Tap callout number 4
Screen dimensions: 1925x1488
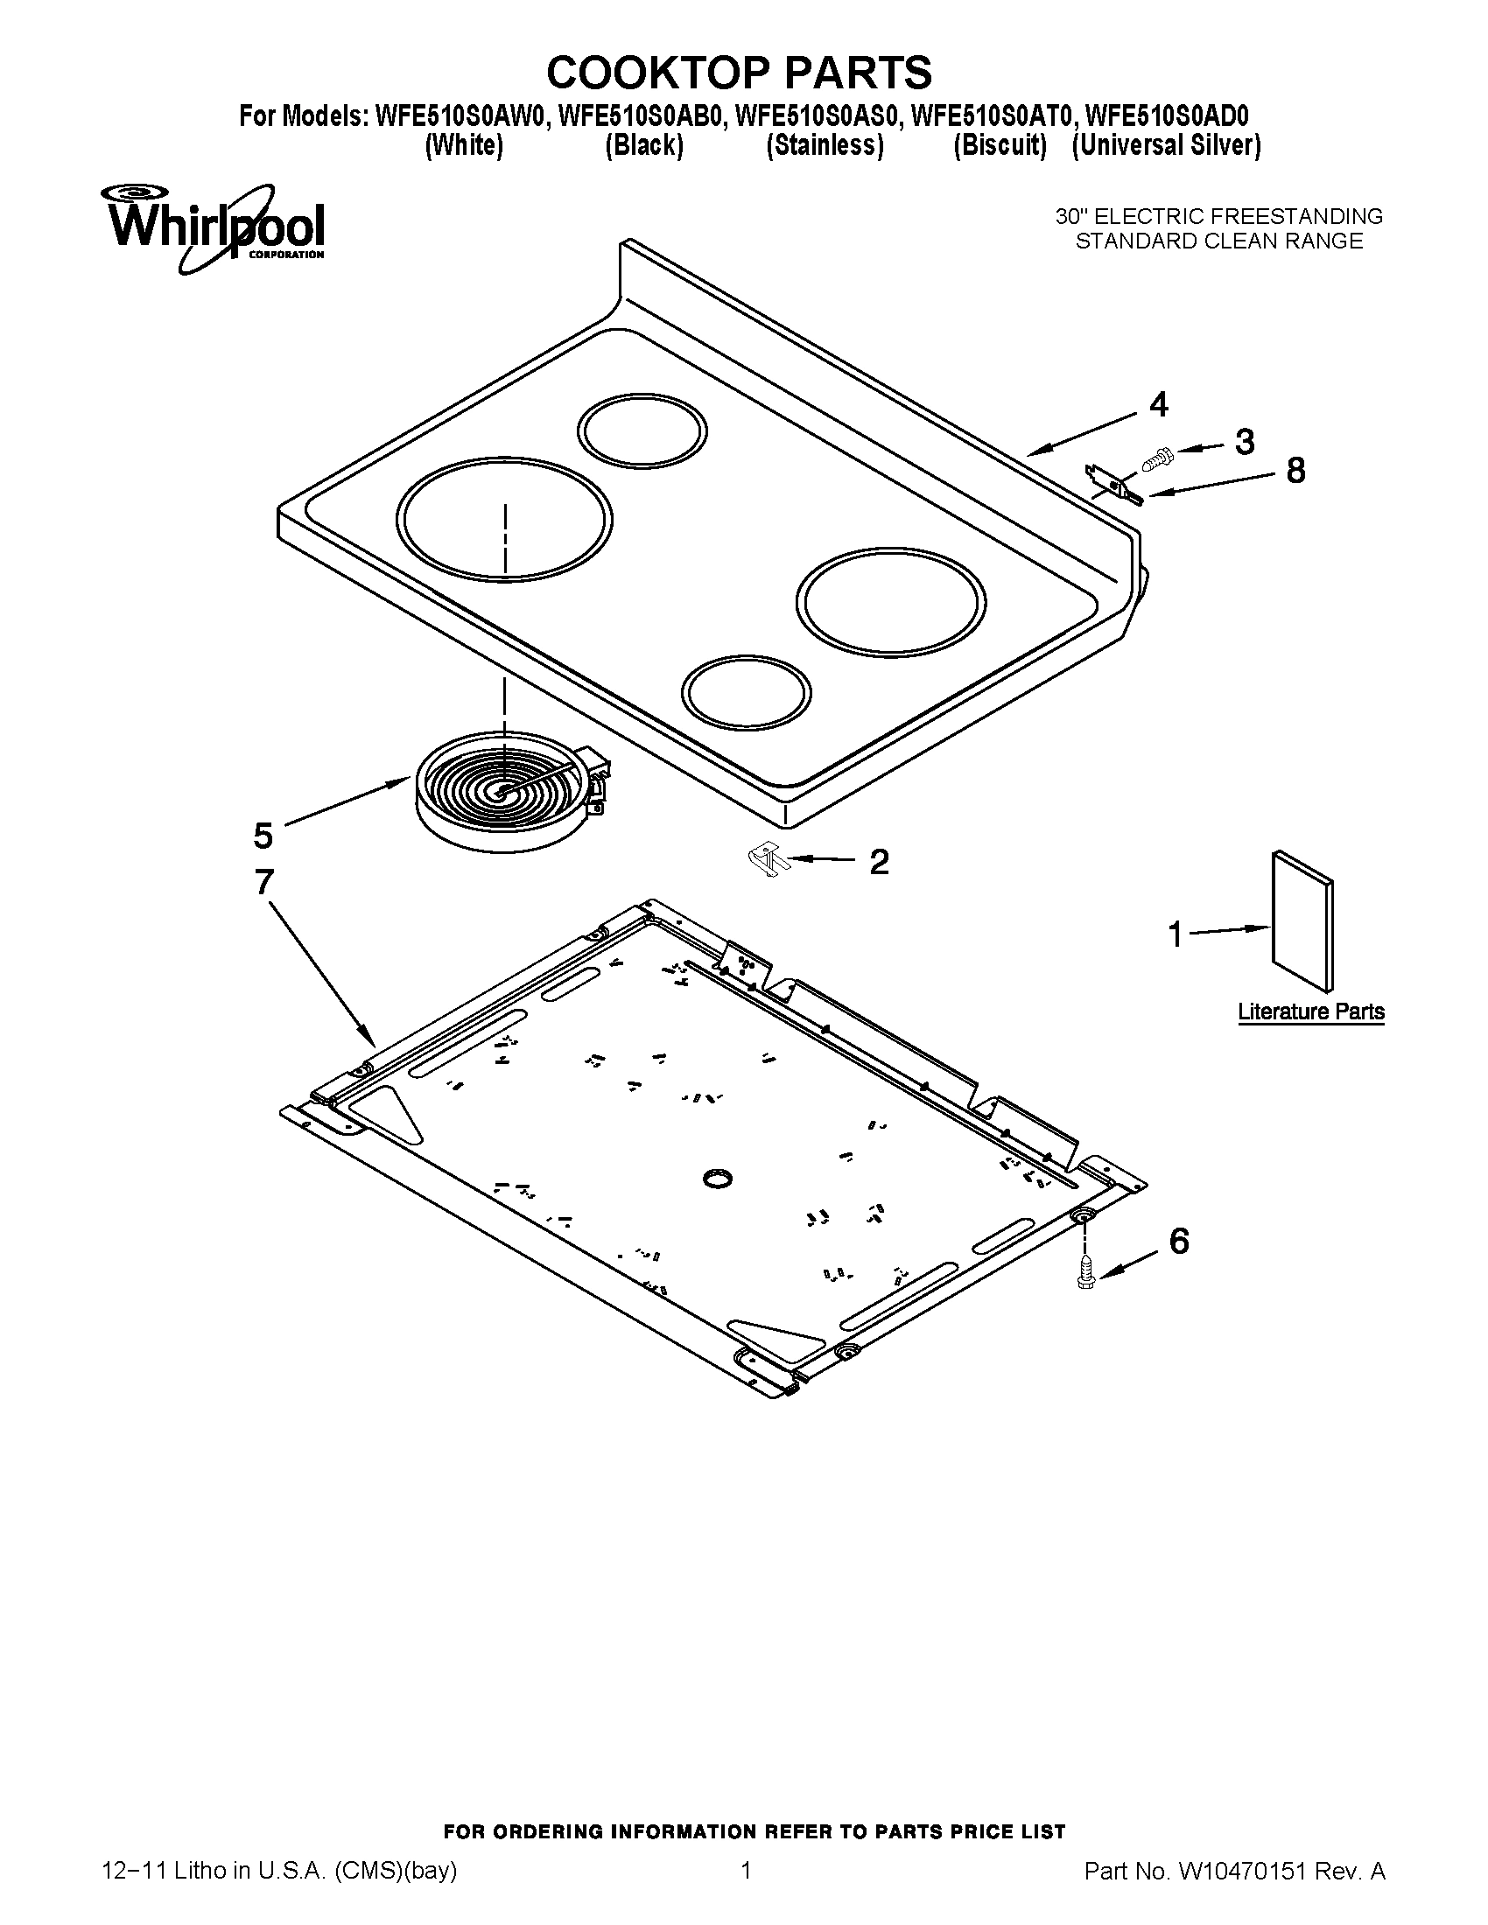1158,404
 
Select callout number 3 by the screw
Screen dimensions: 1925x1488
1244,442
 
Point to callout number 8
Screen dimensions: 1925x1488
1295,471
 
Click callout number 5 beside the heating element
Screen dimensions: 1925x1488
263,835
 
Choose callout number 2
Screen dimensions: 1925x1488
879,861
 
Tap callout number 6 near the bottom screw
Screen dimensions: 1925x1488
1179,1241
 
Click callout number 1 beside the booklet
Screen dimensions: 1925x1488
1174,934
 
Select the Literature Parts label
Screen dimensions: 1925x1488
1310,1011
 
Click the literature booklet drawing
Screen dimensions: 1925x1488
1302,921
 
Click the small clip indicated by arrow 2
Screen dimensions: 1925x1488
769,859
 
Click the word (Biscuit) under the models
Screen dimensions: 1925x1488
1000,145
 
